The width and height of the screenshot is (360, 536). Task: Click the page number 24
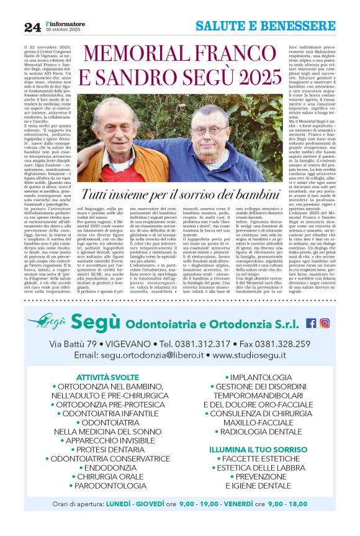pyautogui.click(x=32, y=27)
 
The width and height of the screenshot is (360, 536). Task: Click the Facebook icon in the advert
pyautogui.click(x=311, y=323)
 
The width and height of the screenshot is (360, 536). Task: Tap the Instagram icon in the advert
pyautogui.click(x=325, y=323)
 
